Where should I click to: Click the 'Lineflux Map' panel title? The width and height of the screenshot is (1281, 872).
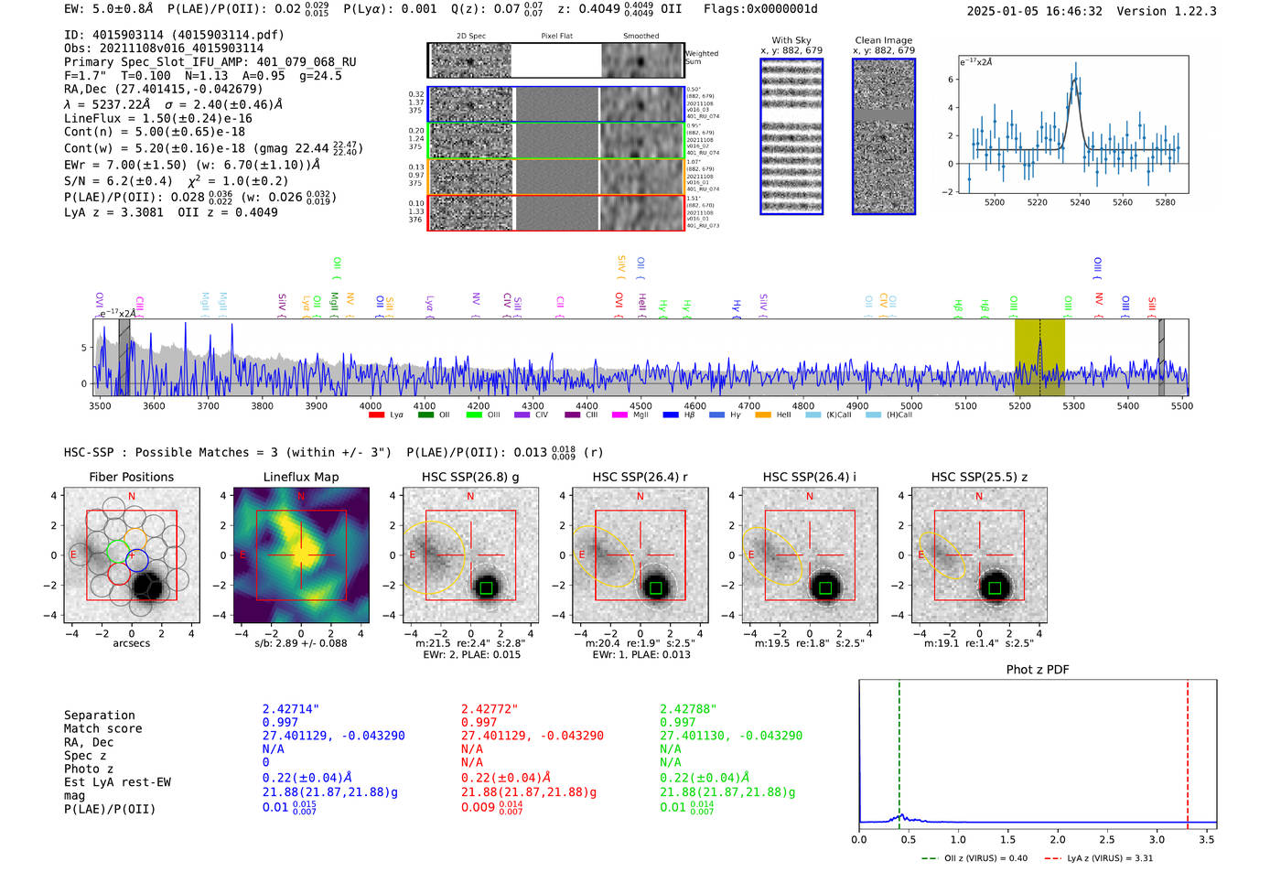coord(300,477)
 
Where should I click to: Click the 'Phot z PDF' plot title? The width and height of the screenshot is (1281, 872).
coord(1038,670)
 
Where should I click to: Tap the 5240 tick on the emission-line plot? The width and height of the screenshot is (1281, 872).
coord(1080,202)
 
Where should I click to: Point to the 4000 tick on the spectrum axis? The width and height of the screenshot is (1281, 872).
coord(370,406)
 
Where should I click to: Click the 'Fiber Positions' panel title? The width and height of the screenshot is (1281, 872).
coord(131,477)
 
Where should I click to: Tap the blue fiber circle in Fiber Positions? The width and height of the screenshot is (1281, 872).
coord(137,560)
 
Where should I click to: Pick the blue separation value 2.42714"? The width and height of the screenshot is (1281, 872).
coord(290,709)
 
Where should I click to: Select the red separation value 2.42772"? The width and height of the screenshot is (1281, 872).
coord(489,709)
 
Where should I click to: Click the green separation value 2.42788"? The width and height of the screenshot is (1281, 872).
coord(687,709)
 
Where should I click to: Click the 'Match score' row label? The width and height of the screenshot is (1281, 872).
coord(102,729)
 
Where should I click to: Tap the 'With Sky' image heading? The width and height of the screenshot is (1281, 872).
coord(791,40)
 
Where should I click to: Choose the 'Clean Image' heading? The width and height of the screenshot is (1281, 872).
coord(883,40)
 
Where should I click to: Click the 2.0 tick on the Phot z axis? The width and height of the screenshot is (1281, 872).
coord(1057,840)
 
